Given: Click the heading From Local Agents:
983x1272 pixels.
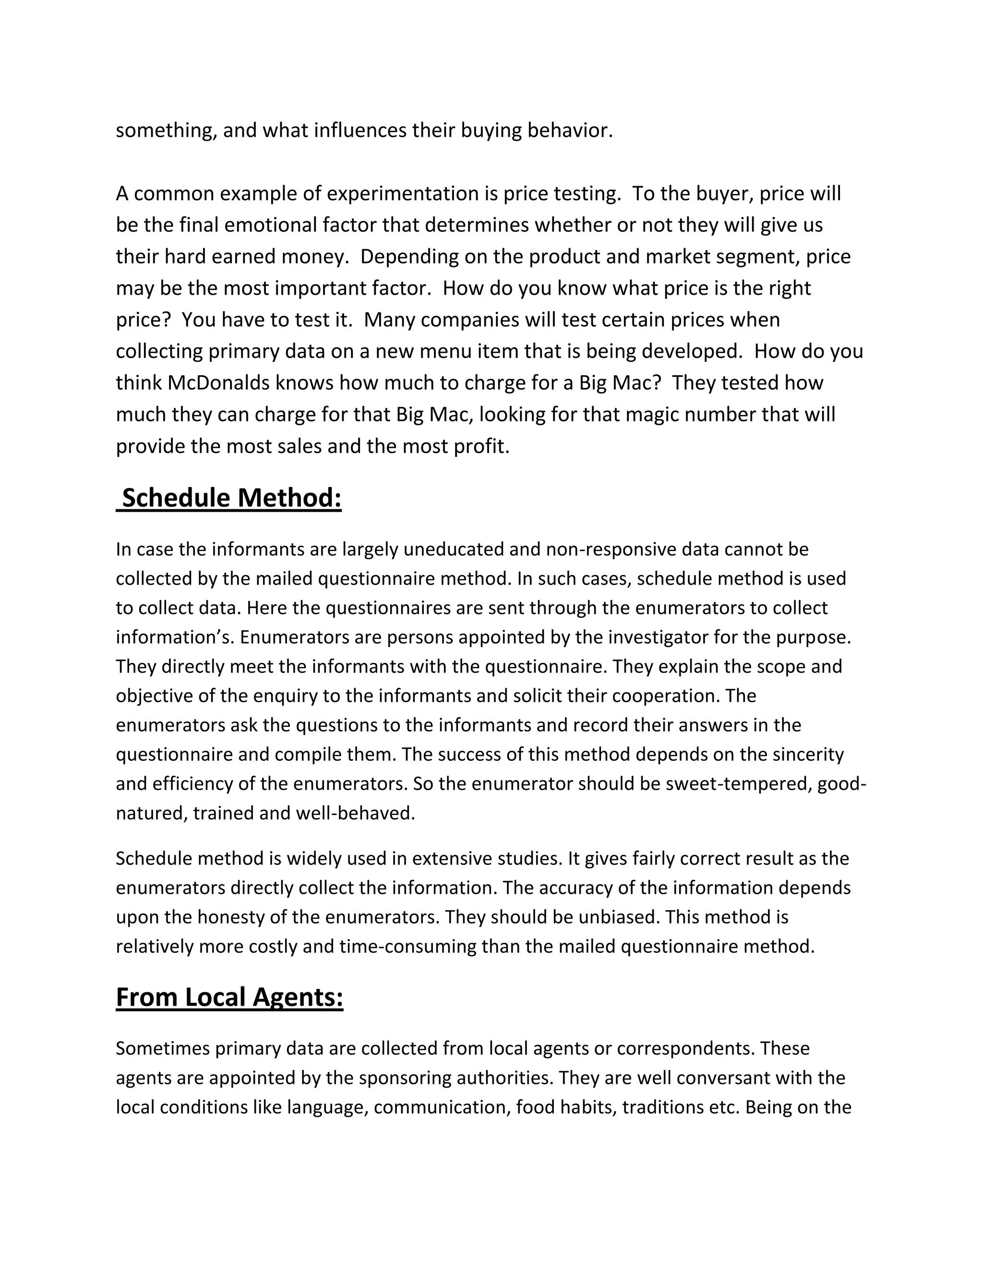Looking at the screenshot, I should [x=229, y=997].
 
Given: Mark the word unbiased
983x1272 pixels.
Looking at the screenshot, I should [x=617, y=917].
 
